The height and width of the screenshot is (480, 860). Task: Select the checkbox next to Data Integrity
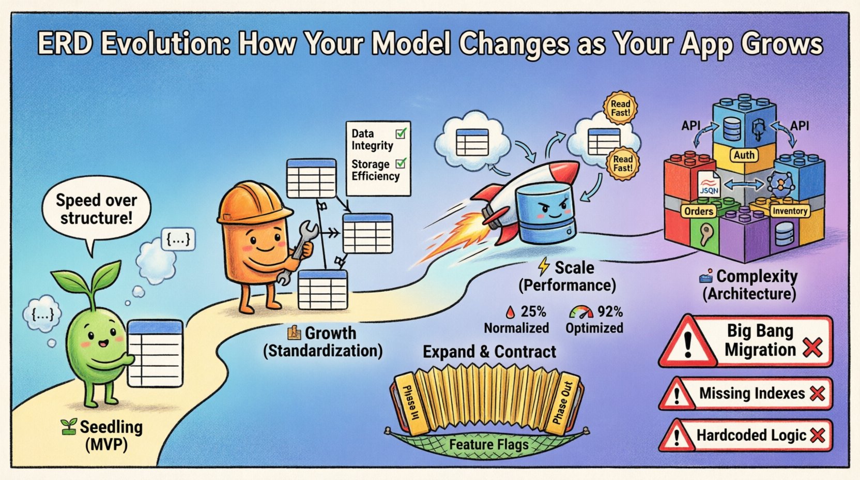(401, 133)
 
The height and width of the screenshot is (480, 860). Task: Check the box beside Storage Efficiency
(401, 164)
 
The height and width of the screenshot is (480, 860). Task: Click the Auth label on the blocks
(744, 155)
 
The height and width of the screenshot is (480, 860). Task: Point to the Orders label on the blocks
(699, 211)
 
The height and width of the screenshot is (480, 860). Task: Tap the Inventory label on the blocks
(789, 211)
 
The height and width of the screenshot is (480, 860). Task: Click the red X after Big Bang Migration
(812, 348)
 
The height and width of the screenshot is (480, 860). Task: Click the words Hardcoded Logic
(751, 436)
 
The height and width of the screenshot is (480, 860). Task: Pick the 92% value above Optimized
(610, 312)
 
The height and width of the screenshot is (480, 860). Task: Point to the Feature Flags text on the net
(488, 445)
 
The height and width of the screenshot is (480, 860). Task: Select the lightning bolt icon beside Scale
(543, 267)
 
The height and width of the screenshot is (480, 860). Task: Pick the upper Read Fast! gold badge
(620, 108)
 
